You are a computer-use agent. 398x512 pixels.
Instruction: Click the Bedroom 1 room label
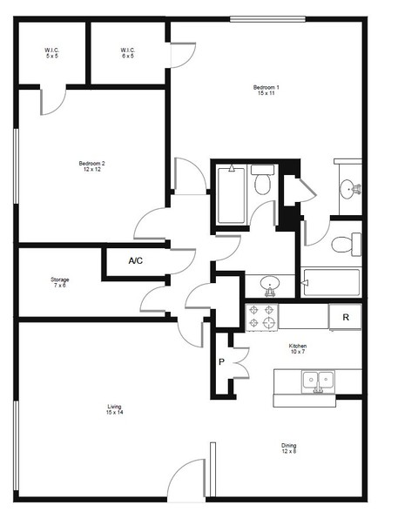[x=266, y=91]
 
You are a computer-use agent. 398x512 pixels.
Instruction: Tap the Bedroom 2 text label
[x=91, y=166]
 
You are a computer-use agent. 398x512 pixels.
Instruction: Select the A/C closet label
[x=136, y=260]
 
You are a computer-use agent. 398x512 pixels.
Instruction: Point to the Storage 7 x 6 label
[x=60, y=282]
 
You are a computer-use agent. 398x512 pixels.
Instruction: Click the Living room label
[x=114, y=409]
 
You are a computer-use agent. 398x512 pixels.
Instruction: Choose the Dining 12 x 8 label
[x=288, y=448]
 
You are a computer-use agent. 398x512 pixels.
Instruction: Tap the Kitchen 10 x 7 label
[x=298, y=348]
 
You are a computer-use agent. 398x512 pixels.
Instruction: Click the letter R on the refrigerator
[x=346, y=317]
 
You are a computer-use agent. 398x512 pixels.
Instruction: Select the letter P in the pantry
[x=222, y=362]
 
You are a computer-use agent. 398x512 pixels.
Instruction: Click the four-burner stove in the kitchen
[x=261, y=317]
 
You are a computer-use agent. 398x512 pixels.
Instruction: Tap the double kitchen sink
[x=318, y=381]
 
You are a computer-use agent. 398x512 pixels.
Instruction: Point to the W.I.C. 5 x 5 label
[x=52, y=53]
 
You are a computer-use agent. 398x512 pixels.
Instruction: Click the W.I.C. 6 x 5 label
[x=128, y=53]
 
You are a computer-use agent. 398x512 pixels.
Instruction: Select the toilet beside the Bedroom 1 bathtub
[x=347, y=244]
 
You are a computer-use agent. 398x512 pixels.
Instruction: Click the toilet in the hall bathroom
[x=263, y=180]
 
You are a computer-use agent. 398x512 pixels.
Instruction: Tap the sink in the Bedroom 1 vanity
[x=351, y=189]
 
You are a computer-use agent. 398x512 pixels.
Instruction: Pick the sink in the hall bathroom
[x=270, y=285]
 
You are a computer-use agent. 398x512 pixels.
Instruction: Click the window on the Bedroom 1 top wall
[x=267, y=19]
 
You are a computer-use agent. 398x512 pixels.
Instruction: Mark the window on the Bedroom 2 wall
[x=16, y=166]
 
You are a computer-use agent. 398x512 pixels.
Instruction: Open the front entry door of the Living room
[x=186, y=480]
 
